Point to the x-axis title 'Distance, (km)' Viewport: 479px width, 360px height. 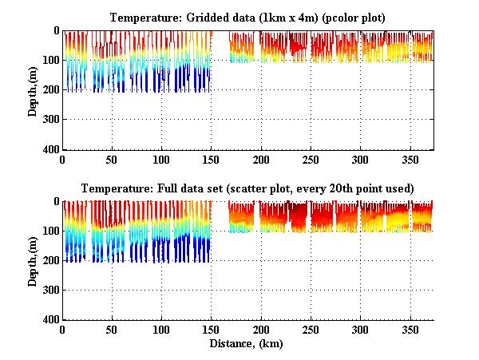[x=248, y=345]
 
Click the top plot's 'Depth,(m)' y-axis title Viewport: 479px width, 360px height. [x=33, y=90]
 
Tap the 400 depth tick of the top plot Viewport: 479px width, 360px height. [x=52, y=150]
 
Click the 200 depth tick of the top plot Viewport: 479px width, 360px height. [x=52, y=90]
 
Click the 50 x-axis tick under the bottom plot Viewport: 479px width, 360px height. [x=112, y=330]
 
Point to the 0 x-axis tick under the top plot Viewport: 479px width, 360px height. [x=62, y=160]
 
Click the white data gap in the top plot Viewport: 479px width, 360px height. [x=220, y=60]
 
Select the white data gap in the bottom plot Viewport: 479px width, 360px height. [x=220, y=231]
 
